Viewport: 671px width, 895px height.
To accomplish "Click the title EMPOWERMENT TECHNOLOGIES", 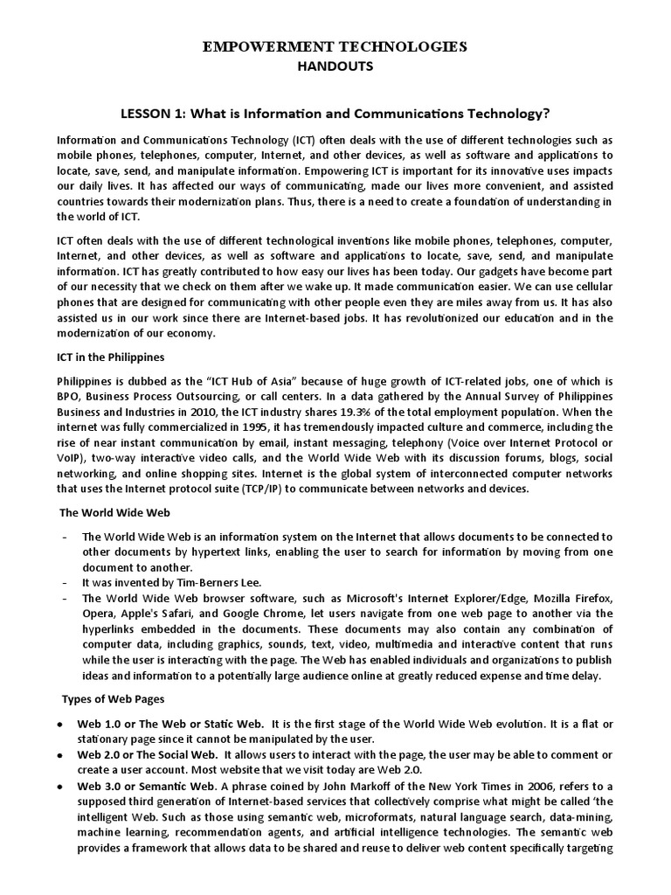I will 335,47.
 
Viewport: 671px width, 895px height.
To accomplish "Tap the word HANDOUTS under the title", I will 335,66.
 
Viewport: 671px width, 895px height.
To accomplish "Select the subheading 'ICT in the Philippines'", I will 110,357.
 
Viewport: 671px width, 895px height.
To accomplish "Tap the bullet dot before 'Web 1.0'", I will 58,725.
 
